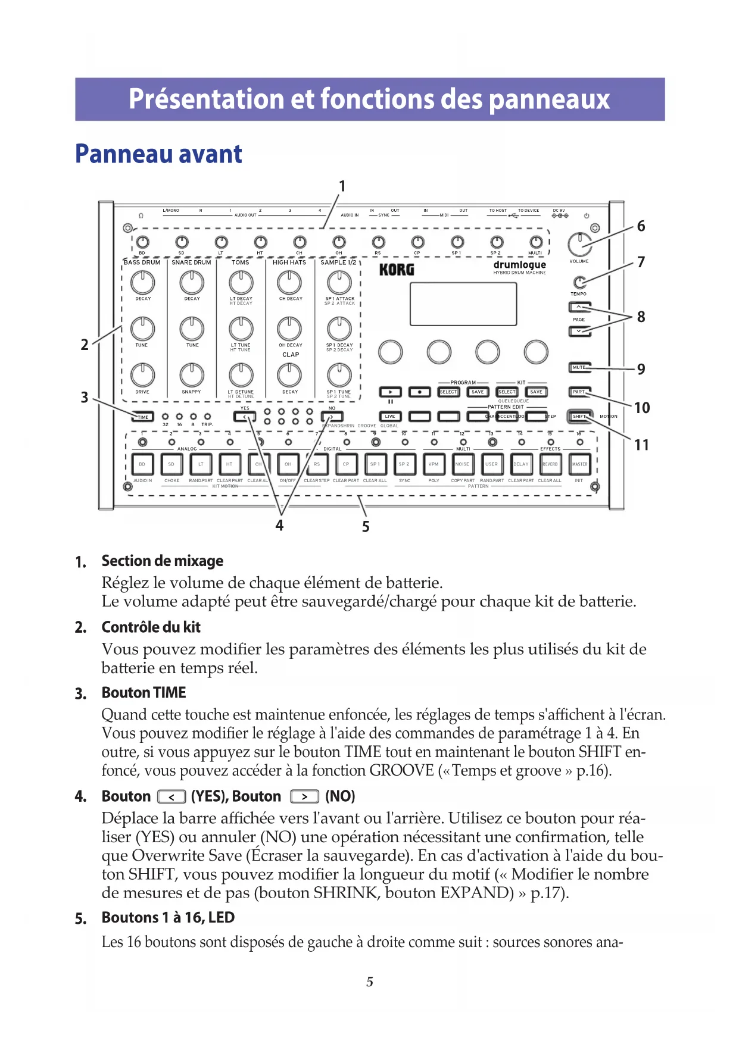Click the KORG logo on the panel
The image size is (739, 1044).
pos(397,270)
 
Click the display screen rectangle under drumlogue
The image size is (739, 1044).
pos(463,304)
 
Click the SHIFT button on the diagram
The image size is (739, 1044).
pos(579,416)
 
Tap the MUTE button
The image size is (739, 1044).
pos(579,367)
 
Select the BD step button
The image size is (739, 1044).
pos(142,464)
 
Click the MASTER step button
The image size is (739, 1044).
pos(579,464)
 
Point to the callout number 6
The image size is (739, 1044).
pos(641,226)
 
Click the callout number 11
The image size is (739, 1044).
pos(641,445)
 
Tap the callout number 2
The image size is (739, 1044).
pos(85,344)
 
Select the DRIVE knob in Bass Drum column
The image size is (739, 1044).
pos(142,375)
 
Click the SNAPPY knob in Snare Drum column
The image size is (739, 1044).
pos(192,375)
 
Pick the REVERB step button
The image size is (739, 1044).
pos(550,464)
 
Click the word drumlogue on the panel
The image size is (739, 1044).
pos(519,264)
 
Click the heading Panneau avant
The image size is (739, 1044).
pos(158,154)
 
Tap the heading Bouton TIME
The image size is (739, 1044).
pos(144,693)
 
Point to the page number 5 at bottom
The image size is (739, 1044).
pos(369,982)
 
